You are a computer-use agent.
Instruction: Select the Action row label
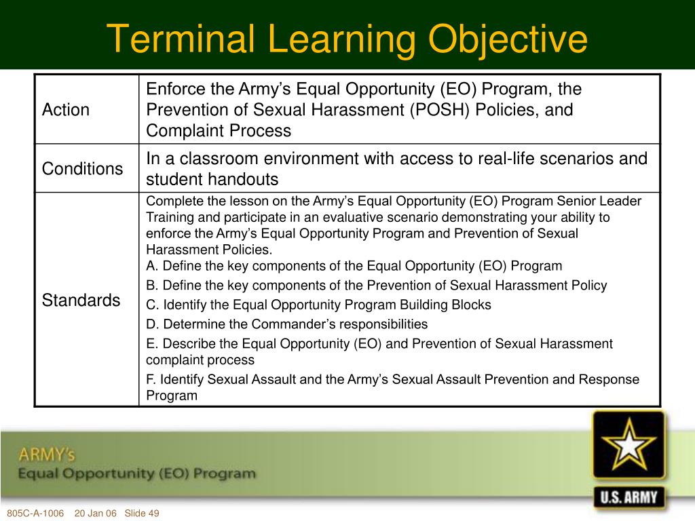[x=66, y=110]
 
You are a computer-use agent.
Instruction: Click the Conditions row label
[x=82, y=169]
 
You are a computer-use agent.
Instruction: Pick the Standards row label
[x=81, y=301]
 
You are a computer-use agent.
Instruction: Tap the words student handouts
[x=212, y=180]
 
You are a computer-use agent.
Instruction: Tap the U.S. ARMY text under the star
[x=629, y=497]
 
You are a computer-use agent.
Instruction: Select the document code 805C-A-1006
[x=35, y=513]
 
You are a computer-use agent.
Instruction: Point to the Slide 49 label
[x=143, y=513]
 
